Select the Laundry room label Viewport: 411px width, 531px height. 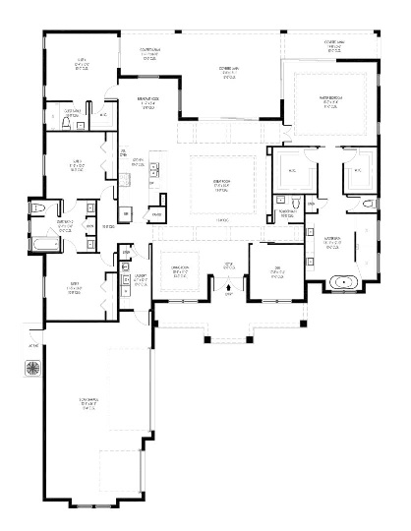point(141,278)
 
